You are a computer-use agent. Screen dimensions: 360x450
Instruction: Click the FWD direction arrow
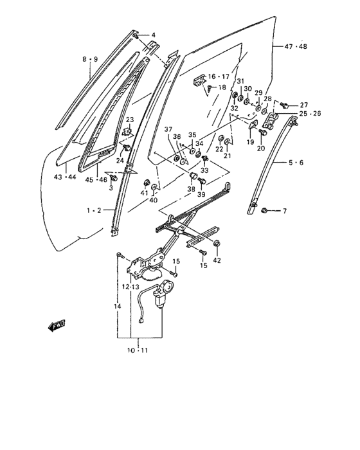[x=57, y=325]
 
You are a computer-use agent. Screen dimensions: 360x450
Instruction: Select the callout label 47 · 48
[x=296, y=46]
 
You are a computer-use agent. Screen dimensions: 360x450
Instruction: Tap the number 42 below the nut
[x=217, y=260]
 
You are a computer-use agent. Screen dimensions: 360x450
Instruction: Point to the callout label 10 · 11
[x=138, y=350]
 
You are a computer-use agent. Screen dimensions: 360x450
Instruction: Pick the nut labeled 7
[x=264, y=211]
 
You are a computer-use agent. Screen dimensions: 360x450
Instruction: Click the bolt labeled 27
[x=285, y=105]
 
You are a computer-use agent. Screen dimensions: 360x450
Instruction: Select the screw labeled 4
[x=136, y=36]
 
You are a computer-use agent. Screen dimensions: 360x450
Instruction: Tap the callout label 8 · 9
[x=90, y=59]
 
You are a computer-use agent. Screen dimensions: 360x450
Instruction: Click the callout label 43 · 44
[x=65, y=177]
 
